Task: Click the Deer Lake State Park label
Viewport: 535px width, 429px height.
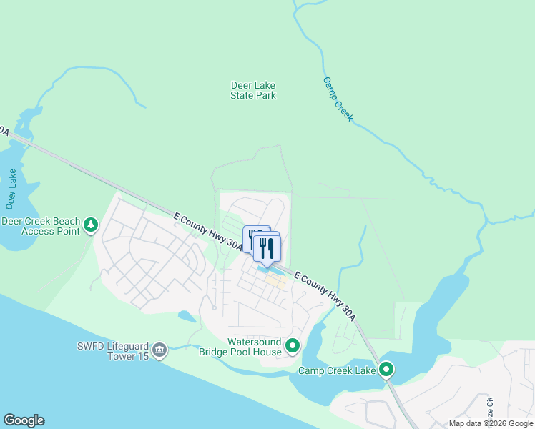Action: coord(253,90)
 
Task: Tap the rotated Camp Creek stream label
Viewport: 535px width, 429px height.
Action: coord(338,99)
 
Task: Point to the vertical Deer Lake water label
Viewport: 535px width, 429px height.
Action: coord(11,189)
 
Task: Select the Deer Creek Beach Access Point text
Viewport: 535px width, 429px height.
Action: coord(41,226)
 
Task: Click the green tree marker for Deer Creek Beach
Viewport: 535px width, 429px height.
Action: coord(91,226)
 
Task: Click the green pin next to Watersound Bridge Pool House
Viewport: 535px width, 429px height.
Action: coord(293,347)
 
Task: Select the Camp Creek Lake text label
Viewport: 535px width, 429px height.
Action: coord(335,370)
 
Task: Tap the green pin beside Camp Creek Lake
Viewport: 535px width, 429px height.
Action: coord(386,370)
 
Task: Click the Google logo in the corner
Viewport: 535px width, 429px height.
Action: coord(24,420)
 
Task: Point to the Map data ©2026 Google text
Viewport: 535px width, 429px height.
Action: coord(490,423)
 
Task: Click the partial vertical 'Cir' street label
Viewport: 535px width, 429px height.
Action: coord(490,410)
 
